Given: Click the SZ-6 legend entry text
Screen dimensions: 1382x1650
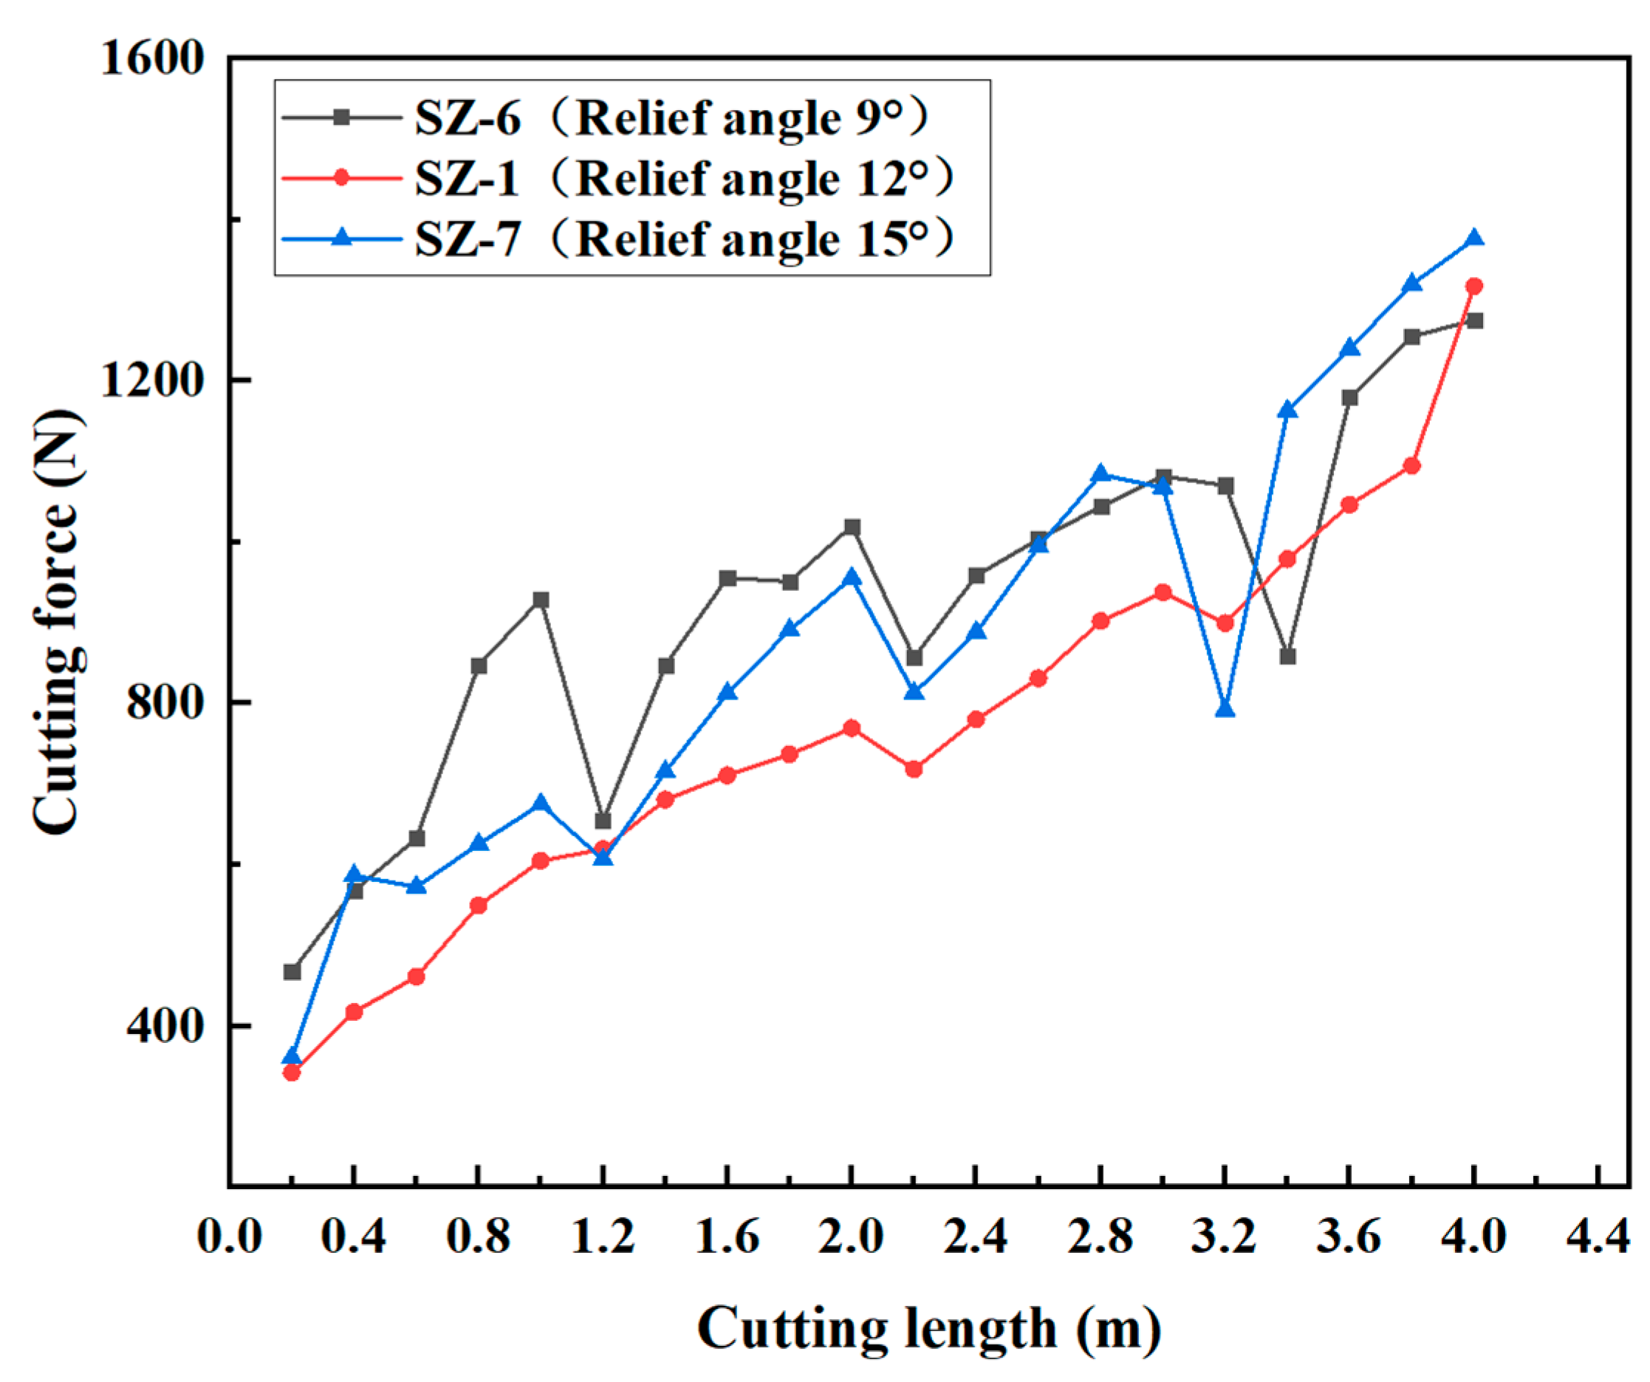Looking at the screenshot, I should tap(673, 118).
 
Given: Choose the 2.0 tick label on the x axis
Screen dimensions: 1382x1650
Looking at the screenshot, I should tap(851, 1236).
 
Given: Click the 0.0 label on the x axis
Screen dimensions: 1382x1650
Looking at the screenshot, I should tap(229, 1236).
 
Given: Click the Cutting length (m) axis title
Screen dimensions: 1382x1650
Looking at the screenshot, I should tap(928, 1328).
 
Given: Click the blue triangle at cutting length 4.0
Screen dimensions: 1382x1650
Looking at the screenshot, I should tap(1474, 238).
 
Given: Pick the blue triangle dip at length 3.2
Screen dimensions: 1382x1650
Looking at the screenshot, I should tap(1225, 709).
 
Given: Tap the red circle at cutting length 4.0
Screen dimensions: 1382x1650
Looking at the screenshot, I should tap(1474, 286).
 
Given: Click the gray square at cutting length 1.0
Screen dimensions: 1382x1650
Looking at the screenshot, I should tap(541, 601).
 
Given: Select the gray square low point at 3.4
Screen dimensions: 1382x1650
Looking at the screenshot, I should tap(1287, 656).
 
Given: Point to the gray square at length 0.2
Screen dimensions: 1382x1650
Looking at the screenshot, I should tap(292, 972).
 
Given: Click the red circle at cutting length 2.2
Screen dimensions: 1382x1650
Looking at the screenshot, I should tap(914, 768).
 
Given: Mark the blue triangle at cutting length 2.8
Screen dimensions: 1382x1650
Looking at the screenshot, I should tap(1100, 473).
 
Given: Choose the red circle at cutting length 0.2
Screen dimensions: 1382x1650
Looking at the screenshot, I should tap(292, 1073).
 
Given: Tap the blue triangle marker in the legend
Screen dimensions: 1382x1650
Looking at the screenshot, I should tap(342, 237).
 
